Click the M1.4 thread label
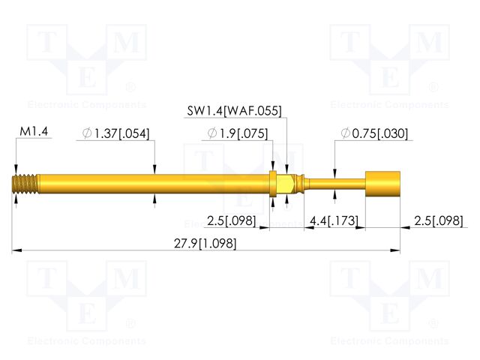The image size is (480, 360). pos(34,132)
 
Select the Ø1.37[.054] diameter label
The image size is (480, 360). pos(116,133)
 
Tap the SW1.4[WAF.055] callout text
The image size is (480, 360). pos(234,111)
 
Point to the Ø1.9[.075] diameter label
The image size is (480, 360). pos(238,133)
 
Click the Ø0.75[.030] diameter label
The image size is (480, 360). pos(374,133)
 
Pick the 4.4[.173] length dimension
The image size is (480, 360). pos(334,220)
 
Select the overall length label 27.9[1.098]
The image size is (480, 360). pos(205,244)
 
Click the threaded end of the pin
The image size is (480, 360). pos(25,184)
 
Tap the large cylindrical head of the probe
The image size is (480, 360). pos(383,184)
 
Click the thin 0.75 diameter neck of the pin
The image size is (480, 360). pos(337,184)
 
